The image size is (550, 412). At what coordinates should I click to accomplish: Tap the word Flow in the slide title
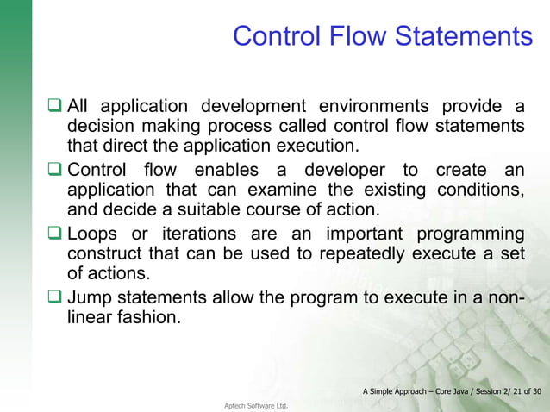[x=351, y=36]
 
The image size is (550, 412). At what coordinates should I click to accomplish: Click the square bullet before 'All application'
[x=56, y=107]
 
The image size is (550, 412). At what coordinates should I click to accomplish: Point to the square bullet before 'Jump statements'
[x=56, y=298]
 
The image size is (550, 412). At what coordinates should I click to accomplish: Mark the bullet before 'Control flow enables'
[x=56, y=170]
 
